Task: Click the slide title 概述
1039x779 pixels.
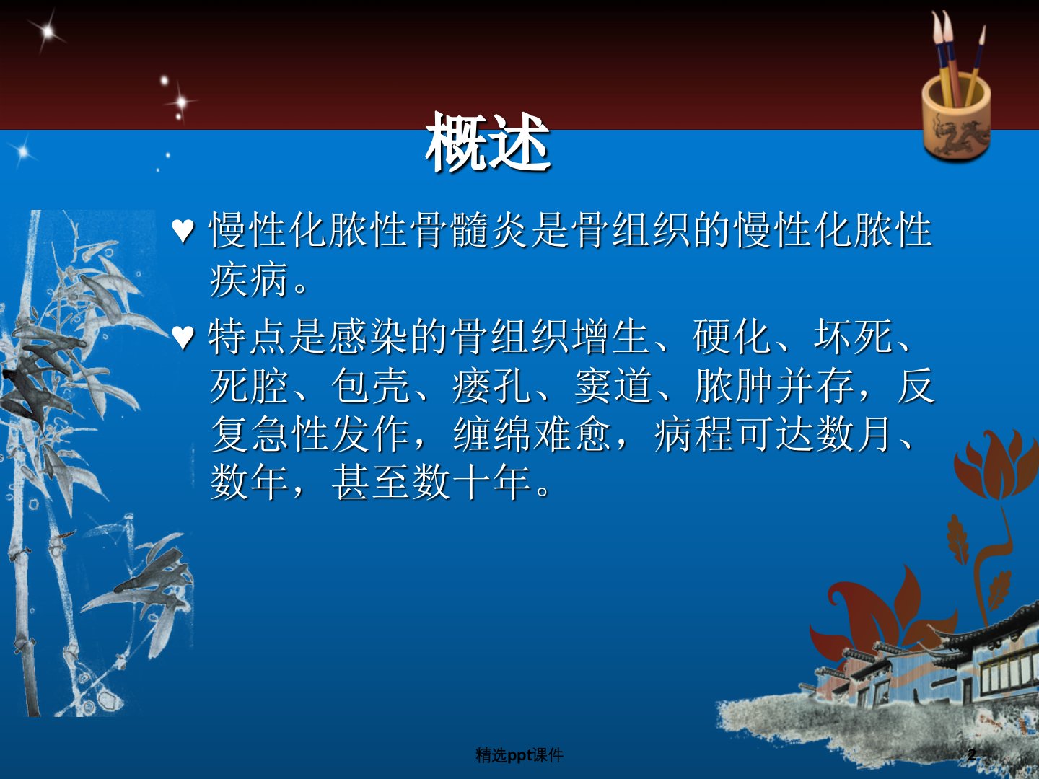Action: (x=488, y=142)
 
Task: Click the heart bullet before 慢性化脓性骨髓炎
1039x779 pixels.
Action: (x=183, y=232)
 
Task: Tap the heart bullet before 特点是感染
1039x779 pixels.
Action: (x=183, y=338)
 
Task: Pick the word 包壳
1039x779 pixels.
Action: (x=369, y=385)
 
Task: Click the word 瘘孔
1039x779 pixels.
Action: (x=491, y=385)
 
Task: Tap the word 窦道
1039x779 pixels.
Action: (x=613, y=385)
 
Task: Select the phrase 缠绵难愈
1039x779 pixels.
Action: (x=532, y=435)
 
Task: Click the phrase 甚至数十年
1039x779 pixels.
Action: (x=431, y=483)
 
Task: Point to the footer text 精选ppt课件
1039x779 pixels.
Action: (x=519, y=755)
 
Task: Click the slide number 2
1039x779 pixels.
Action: (x=971, y=754)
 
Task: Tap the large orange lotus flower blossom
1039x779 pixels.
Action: (x=996, y=465)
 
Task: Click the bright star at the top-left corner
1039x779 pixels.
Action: (x=47, y=32)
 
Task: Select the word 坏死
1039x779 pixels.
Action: (x=854, y=336)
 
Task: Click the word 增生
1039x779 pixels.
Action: (x=611, y=336)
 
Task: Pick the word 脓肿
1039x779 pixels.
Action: (x=735, y=385)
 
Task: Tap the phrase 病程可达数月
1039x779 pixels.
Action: (x=773, y=435)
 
